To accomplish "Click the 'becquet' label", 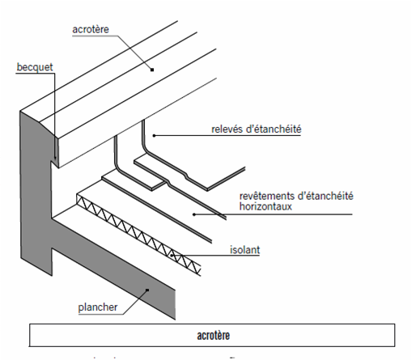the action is click(35, 67).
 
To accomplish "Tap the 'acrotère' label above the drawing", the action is click(91, 29).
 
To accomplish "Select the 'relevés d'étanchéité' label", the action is click(257, 129).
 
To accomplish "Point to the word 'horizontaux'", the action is click(265, 206).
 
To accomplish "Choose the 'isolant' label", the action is click(244, 250).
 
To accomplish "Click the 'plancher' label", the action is click(98, 307).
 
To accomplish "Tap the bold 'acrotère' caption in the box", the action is click(213, 336).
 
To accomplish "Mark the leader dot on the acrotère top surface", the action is click(152, 70).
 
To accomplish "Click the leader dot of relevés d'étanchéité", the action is click(154, 135).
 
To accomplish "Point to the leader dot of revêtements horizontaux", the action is click(194, 214).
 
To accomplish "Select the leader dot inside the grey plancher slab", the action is click(147, 290).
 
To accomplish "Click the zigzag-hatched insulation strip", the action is click(139, 235).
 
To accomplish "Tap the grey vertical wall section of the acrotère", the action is click(36, 188).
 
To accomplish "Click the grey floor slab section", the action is click(113, 265).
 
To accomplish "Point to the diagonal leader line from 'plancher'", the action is click(135, 302).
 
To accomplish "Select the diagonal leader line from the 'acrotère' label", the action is click(135, 53).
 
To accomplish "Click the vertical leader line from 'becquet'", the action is click(55, 116).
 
